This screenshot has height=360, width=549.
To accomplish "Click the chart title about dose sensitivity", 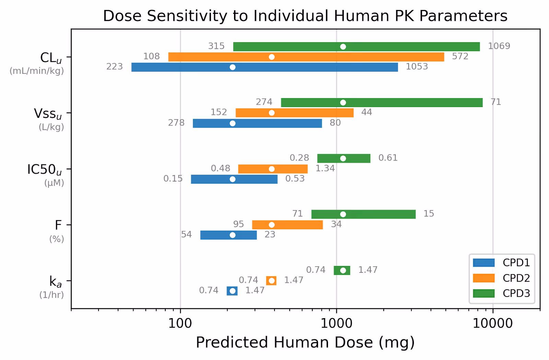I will pyautogui.click(x=305, y=16).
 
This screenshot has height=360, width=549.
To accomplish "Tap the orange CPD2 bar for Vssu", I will pyautogui.click(x=294, y=113).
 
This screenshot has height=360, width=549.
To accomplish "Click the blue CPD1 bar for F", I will pyautogui.click(x=228, y=235).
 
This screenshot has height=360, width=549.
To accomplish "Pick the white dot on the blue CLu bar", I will pyautogui.click(x=233, y=67).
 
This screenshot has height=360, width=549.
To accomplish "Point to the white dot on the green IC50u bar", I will pyautogui.click(x=343, y=159).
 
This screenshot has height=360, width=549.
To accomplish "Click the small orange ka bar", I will pyautogui.click(x=271, y=281).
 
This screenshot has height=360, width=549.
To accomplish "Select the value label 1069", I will pyautogui.click(x=499, y=46).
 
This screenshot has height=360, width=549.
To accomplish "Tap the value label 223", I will pyautogui.click(x=114, y=67).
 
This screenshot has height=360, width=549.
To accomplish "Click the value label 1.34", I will pyautogui.click(x=325, y=168).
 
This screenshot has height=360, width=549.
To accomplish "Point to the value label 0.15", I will pyautogui.click(x=173, y=178).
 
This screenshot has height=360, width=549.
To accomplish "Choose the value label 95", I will pyautogui.click(x=238, y=224).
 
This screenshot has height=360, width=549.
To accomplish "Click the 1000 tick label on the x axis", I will pyautogui.click(x=336, y=323).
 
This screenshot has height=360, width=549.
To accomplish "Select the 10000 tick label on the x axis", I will pyautogui.click(x=493, y=323).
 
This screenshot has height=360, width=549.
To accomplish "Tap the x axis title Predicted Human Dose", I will pyautogui.click(x=305, y=342).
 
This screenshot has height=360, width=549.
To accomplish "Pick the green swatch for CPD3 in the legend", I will pyautogui.click(x=483, y=293).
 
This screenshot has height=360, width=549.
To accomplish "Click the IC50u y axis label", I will pyautogui.click(x=45, y=170).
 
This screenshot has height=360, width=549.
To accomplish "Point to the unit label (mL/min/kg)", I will pyautogui.click(x=37, y=71).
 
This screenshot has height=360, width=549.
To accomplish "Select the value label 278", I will pyautogui.click(x=176, y=123).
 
